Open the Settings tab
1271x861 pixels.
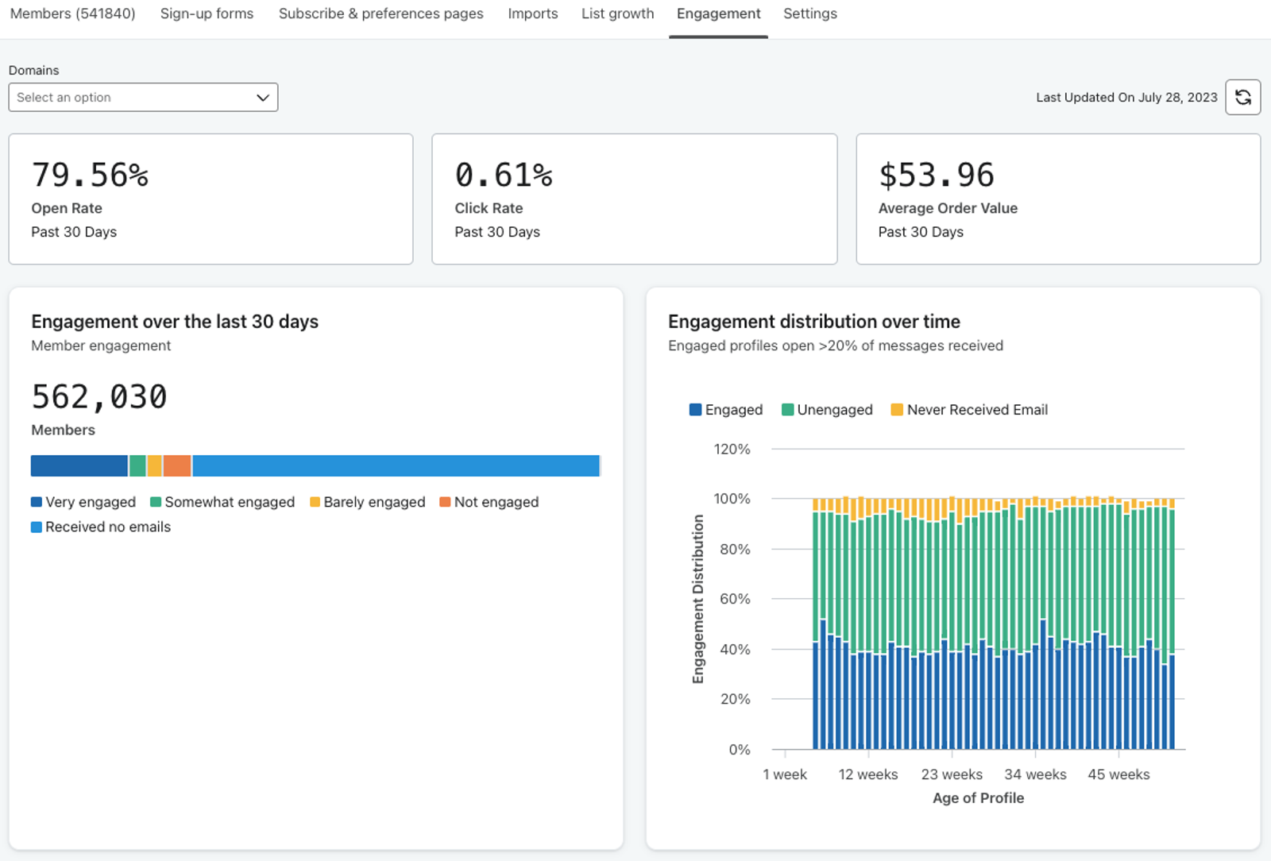[x=809, y=14]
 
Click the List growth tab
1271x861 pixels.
[x=617, y=14]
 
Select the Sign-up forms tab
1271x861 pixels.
[x=207, y=14]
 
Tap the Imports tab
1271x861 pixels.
[x=533, y=14]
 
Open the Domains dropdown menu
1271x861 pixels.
[x=143, y=98]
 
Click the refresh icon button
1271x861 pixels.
[x=1242, y=98]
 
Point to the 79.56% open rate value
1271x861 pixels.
[x=90, y=175]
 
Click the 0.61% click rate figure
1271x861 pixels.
[x=504, y=175]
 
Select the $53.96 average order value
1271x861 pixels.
[x=937, y=175]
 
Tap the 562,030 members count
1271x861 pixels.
[x=99, y=396]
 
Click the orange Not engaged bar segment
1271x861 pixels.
[x=177, y=465]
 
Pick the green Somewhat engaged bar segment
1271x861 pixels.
[x=137, y=465]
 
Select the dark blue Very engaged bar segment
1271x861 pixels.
[x=79, y=465]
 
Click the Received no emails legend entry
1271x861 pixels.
[x=101, y=527]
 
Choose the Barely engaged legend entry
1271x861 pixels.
[x=368, y=502]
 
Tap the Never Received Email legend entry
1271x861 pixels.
[x=969, y=410]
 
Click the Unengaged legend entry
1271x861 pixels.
[x=827, y=410]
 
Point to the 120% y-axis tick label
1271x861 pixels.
[x=732, y=450]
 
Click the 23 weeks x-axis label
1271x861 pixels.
[x=952, y=774]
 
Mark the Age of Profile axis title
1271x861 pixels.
[x=978, y=798]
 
